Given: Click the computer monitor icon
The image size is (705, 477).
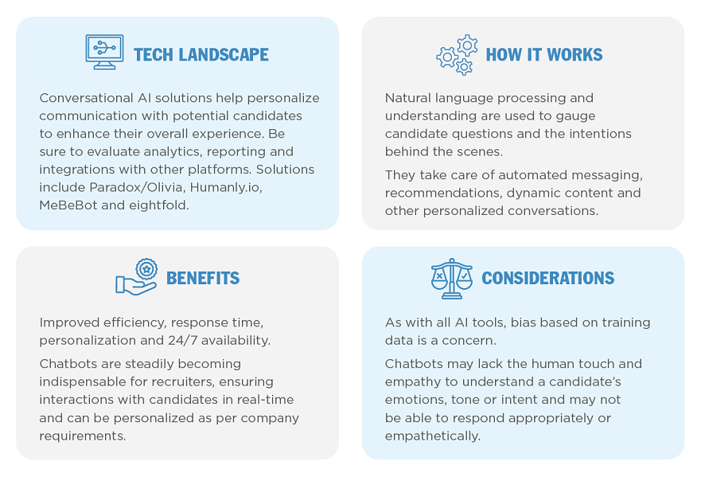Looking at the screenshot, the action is tap(104, 52).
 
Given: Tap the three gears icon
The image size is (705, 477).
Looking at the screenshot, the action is tap(457, 54).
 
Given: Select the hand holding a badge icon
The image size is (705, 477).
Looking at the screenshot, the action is tap(137, 277).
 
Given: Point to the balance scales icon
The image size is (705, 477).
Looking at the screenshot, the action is tap(452, 279).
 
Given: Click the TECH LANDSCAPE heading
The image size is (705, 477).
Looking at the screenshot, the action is tap(201, 55).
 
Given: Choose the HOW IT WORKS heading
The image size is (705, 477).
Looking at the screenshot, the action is tap(544, 55).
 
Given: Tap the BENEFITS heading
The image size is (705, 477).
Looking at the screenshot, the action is tap(203, 278).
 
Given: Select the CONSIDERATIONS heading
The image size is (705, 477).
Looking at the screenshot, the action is tap(547, 278).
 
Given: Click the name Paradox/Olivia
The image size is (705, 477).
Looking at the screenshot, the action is tap(137, 187).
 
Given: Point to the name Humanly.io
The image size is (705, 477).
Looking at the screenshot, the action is tap(226, 187).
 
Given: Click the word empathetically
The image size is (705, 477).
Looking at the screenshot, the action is tap(433, 436).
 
